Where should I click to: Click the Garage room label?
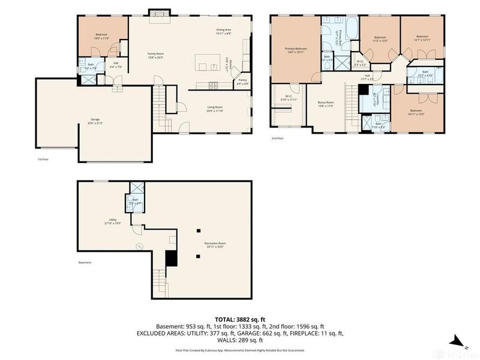[x=95, y=120]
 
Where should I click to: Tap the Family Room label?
[x=156, y=55]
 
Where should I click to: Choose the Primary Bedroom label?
[x=296, y=50]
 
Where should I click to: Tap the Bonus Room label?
[x=326, y=104]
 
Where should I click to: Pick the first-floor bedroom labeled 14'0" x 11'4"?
[x=101, y=36]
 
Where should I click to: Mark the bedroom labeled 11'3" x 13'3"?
[x=380, y=39]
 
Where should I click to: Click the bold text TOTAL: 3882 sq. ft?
[x=239, y=319]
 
